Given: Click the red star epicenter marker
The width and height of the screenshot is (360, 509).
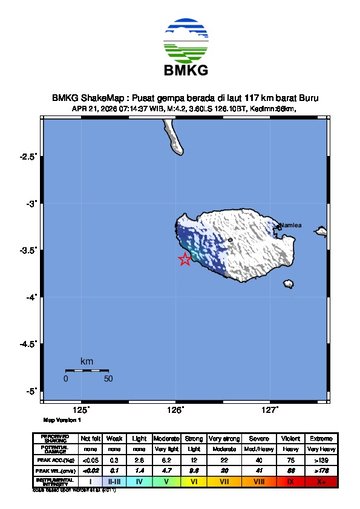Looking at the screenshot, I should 185,260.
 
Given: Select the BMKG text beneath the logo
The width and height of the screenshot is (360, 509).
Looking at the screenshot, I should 180,70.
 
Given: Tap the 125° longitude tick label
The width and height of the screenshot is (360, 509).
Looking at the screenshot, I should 82,408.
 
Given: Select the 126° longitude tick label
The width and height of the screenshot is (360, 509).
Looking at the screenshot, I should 175,408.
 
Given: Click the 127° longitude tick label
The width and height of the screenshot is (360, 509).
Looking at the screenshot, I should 269,408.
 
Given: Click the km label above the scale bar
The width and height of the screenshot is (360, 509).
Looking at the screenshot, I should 87,360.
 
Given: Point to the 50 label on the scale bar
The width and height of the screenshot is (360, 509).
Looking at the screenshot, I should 107,380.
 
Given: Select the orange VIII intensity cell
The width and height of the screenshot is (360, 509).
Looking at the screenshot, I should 259,481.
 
